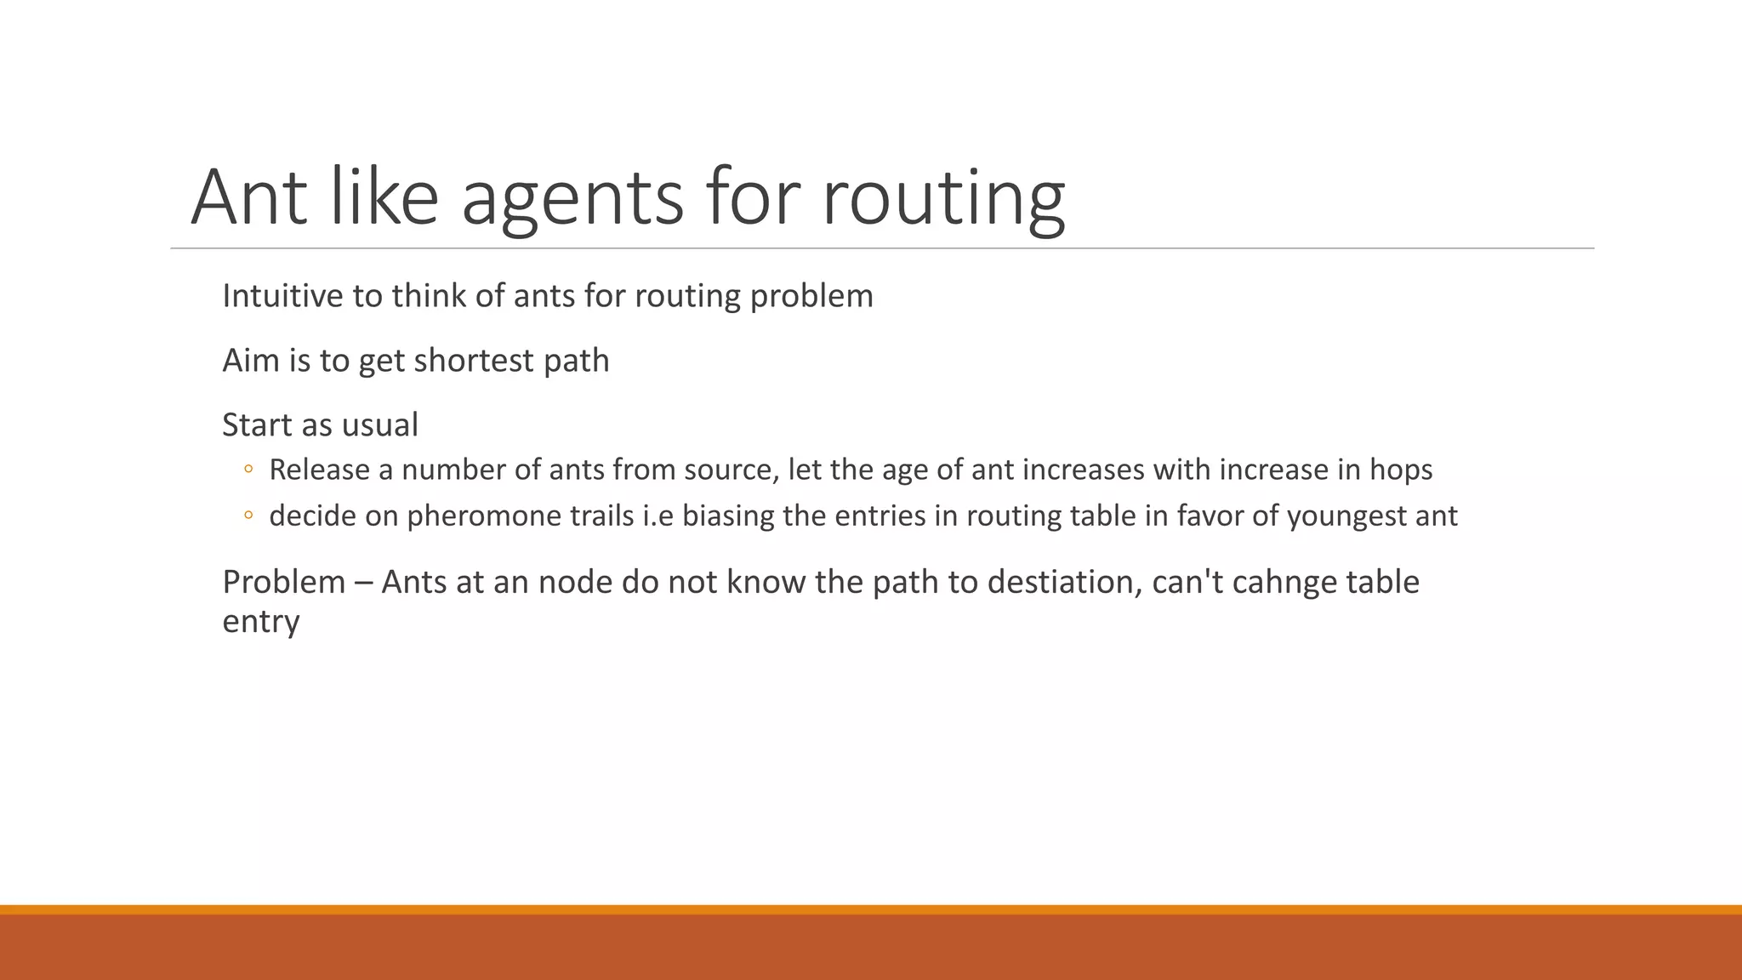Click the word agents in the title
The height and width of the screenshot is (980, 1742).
572,197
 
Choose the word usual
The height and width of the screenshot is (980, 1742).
381,424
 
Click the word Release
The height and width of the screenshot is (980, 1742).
319,470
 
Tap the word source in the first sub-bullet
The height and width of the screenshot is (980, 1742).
732,470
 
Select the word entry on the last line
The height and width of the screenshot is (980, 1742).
260,621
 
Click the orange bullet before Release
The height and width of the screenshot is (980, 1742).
248,469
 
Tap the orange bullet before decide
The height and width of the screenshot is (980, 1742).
248,515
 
